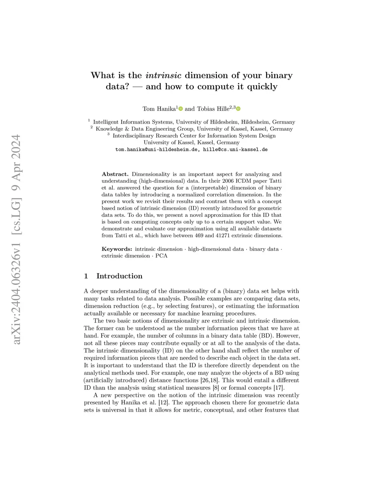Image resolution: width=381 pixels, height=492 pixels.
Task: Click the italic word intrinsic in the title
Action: pos(163,75)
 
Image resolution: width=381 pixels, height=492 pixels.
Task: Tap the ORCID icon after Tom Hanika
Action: pos(181,109)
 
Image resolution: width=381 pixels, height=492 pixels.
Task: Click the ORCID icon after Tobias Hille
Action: pos(238,109)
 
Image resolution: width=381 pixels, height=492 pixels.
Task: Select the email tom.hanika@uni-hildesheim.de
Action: pos(156,150)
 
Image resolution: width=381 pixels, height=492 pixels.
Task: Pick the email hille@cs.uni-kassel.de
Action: pos(235,150)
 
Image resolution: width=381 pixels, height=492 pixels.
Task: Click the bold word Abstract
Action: pos(115,174)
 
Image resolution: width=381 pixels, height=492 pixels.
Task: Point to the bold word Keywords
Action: pos(116,249)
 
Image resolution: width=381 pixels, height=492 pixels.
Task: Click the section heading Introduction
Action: pos(119,276)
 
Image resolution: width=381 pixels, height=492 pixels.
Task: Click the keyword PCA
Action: pos(161,256)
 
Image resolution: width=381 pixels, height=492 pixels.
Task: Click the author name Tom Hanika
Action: pos(159,109)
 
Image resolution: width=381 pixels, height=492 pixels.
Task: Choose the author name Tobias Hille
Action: pos(213,109)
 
